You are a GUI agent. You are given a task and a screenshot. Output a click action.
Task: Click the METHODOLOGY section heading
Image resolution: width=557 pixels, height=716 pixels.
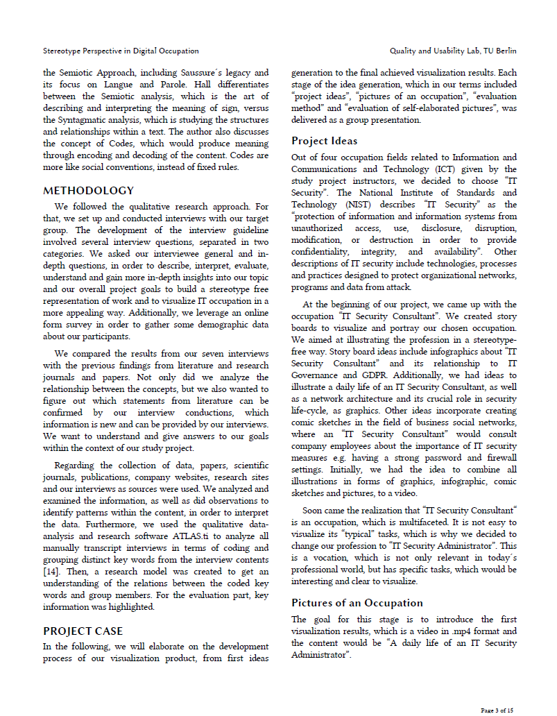tap(89, 191)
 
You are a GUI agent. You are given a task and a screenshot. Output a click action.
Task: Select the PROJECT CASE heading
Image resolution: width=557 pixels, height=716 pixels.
tap(83, 631)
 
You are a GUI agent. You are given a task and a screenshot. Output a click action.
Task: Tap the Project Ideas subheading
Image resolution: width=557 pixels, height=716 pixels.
tap(325, 142)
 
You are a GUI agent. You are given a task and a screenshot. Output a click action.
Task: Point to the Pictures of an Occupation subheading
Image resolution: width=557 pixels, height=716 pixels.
tap(357, 603)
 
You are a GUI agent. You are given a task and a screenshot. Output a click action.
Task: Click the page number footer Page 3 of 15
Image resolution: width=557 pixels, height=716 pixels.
tap(497, 710)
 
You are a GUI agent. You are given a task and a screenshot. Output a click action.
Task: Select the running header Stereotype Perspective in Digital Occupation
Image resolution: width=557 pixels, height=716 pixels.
tap(121, 51)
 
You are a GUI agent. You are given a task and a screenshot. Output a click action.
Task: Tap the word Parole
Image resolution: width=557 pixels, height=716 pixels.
tap(180, 85)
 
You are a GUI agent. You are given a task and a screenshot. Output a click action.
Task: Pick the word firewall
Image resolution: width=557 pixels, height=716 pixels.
tap(498, 457)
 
